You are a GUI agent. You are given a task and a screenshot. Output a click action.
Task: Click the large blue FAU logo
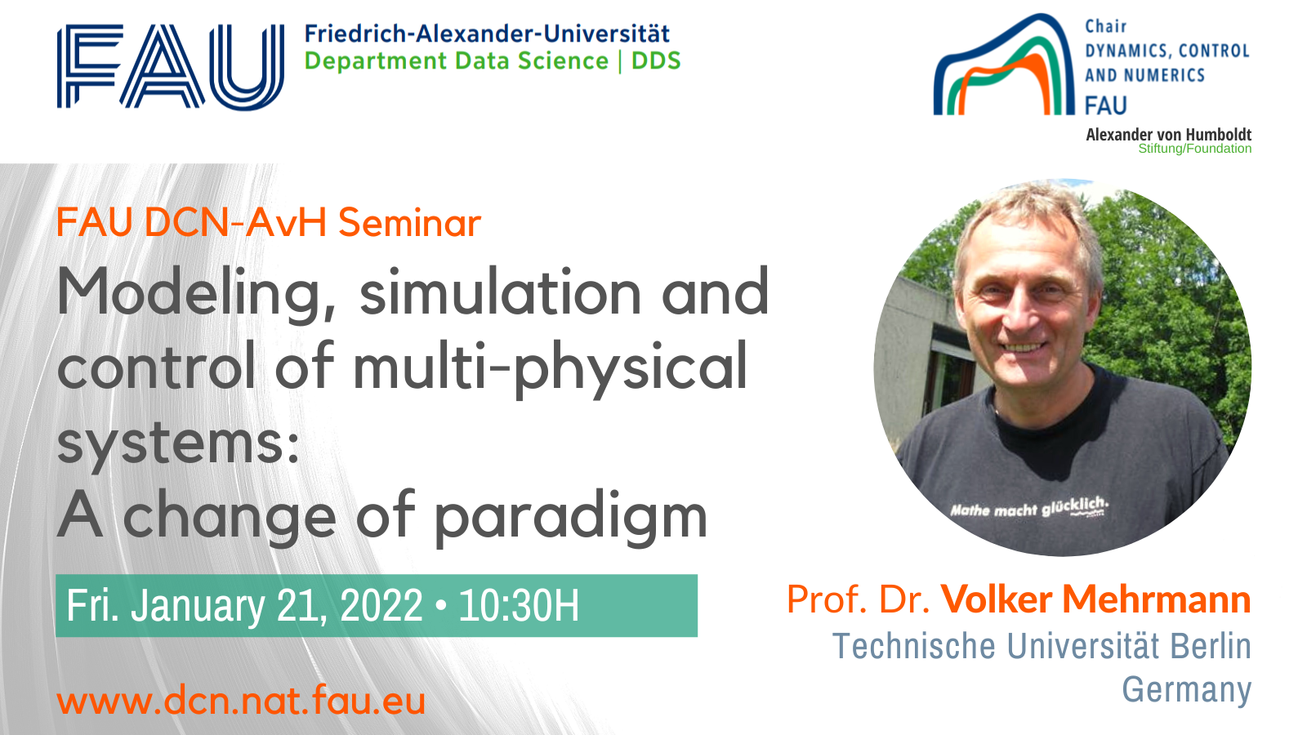tap(171, 66)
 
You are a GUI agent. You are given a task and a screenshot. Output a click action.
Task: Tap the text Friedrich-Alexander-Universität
tap(487, 33)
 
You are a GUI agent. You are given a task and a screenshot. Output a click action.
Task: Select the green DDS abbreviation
tap(657, 60)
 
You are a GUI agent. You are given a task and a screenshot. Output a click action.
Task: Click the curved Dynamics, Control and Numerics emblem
tap(1004, 65)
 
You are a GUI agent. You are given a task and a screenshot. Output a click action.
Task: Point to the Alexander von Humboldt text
tap(1168, 135)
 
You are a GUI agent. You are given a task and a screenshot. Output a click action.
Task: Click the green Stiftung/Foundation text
tap(1194, 149)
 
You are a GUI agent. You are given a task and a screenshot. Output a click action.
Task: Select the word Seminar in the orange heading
tap(409, 222)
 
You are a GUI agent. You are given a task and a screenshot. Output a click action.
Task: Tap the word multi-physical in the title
tap(551, 367)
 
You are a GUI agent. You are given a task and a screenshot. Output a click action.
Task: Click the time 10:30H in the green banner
tap(519, 605)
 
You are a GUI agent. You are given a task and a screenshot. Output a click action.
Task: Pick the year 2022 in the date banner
tap(381, 605)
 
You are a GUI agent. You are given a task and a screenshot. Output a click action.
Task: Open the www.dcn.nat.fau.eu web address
tap(241, 700)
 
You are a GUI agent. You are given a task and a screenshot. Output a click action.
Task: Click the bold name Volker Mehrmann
tap(1095, 599)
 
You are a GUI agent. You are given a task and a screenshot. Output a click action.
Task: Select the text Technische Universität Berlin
tap(1042, 646)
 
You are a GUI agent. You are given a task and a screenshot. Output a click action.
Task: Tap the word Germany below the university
tap(1187, 690)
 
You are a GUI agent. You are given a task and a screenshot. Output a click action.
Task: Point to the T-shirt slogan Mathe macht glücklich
tap(1028, 507)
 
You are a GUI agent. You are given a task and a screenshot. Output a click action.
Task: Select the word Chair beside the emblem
tap(1106, 27)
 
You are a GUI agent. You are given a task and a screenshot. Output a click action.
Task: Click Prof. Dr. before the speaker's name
tap(859, 599)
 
